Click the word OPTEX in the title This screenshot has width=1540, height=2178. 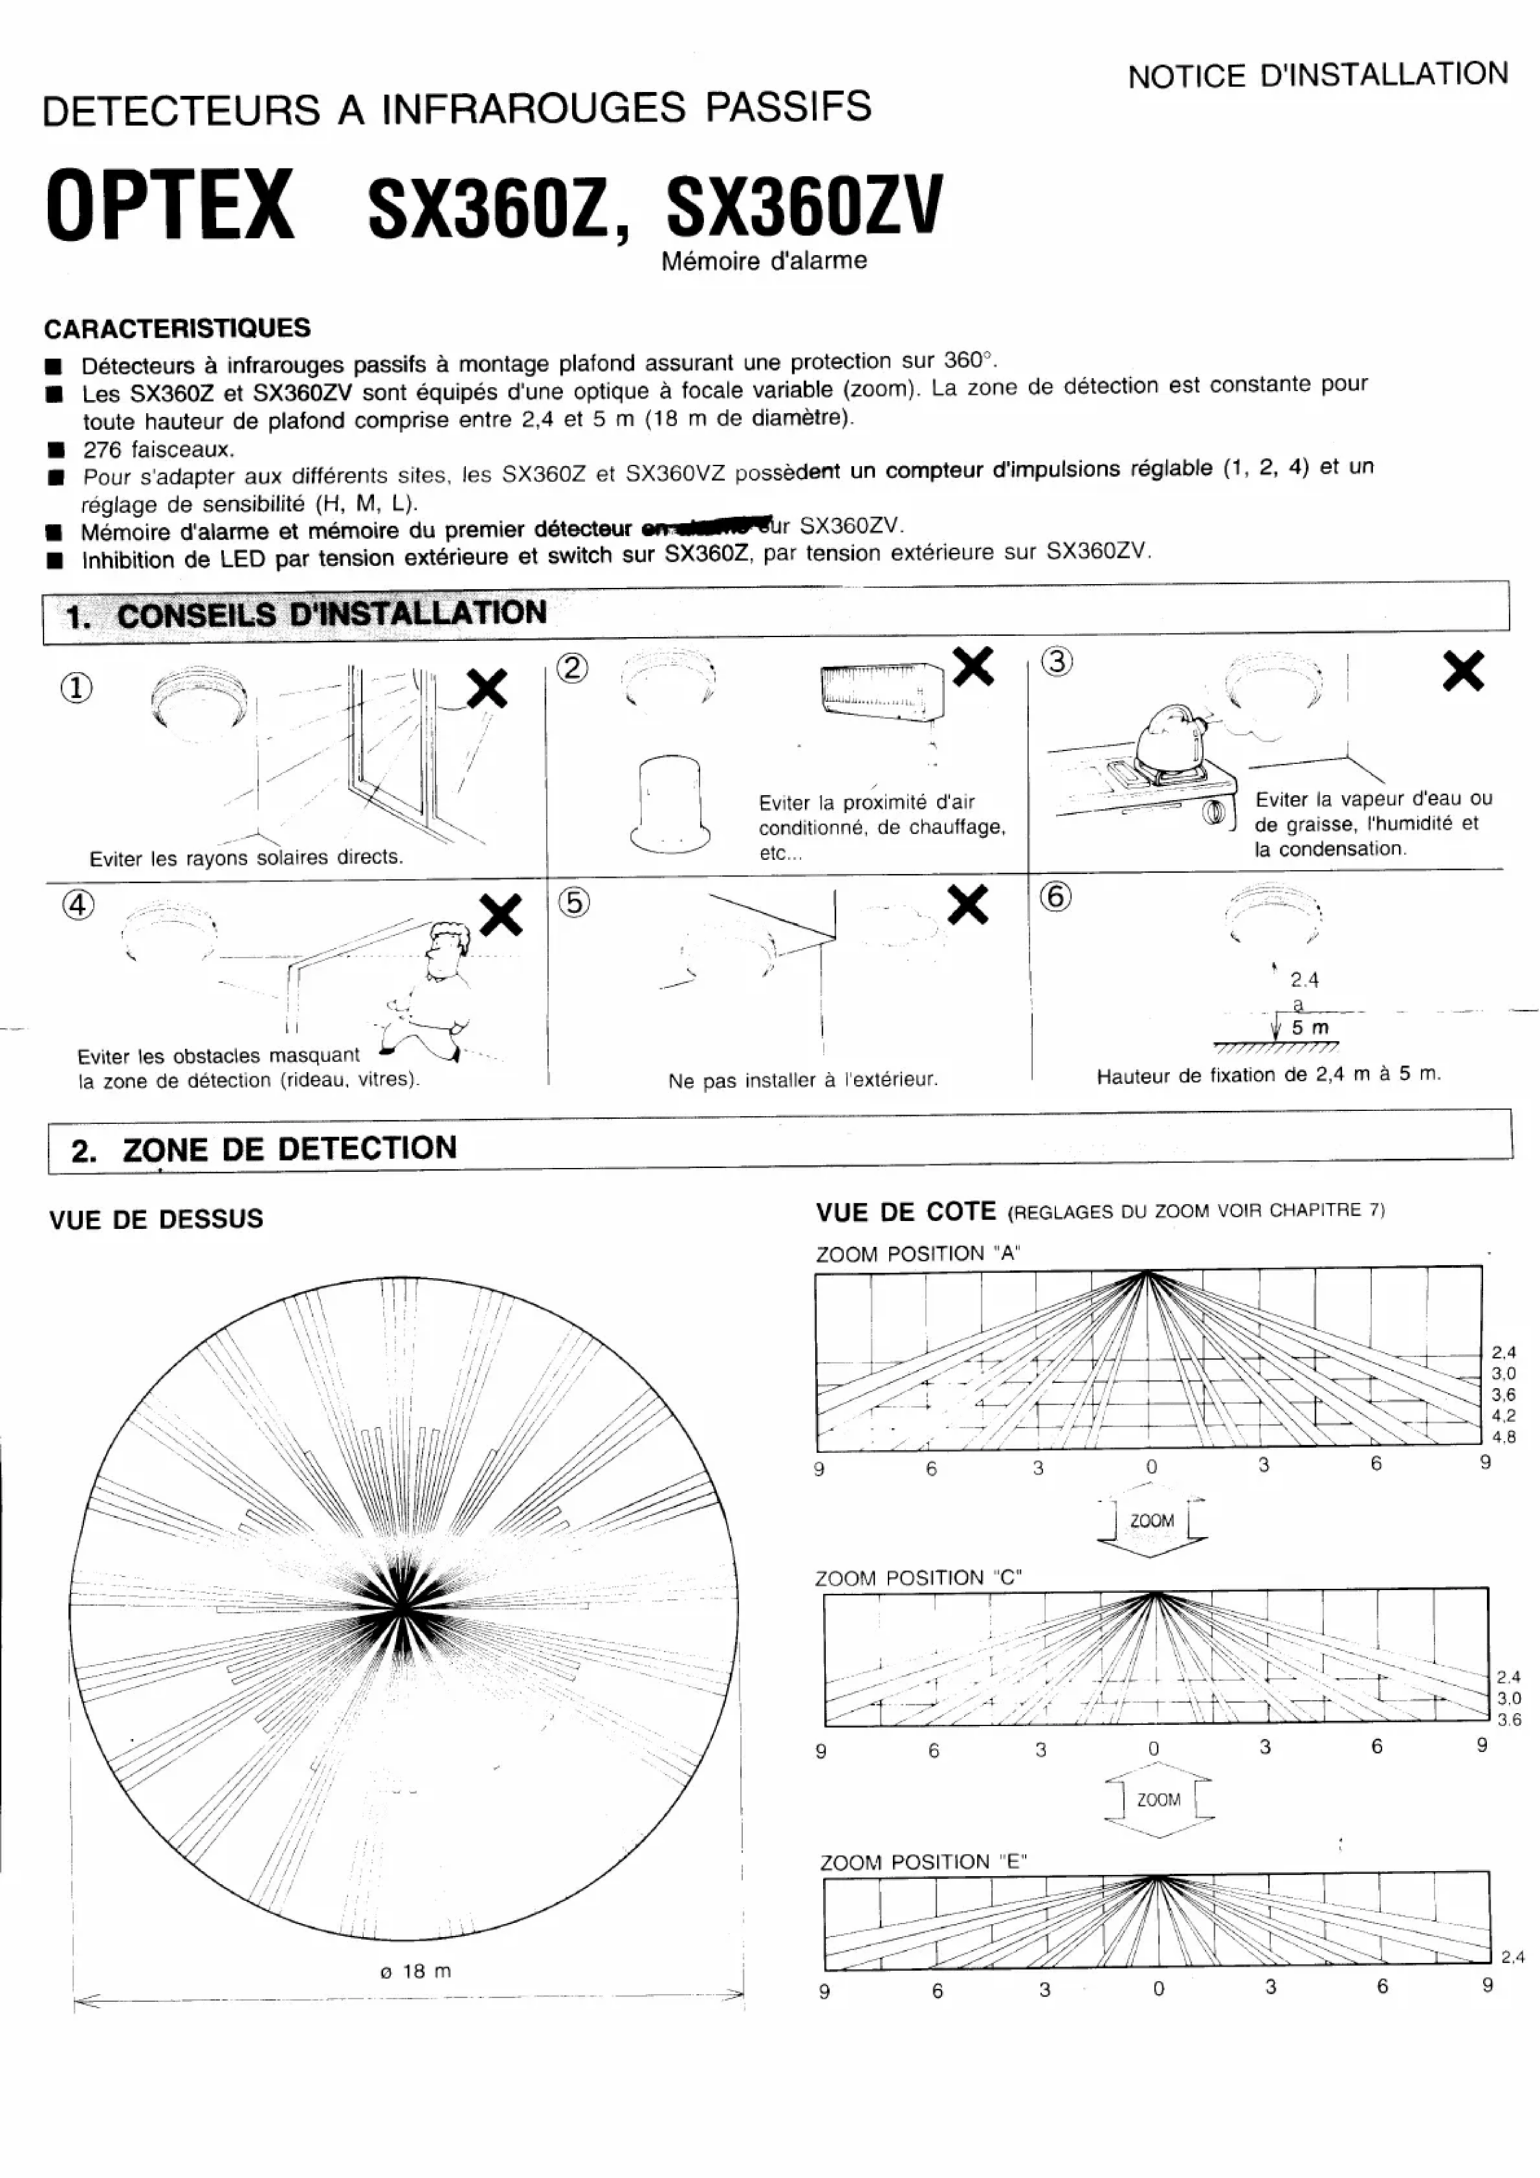[x=171, y=205]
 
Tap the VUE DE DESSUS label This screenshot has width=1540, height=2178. [x=156, y=1219]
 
